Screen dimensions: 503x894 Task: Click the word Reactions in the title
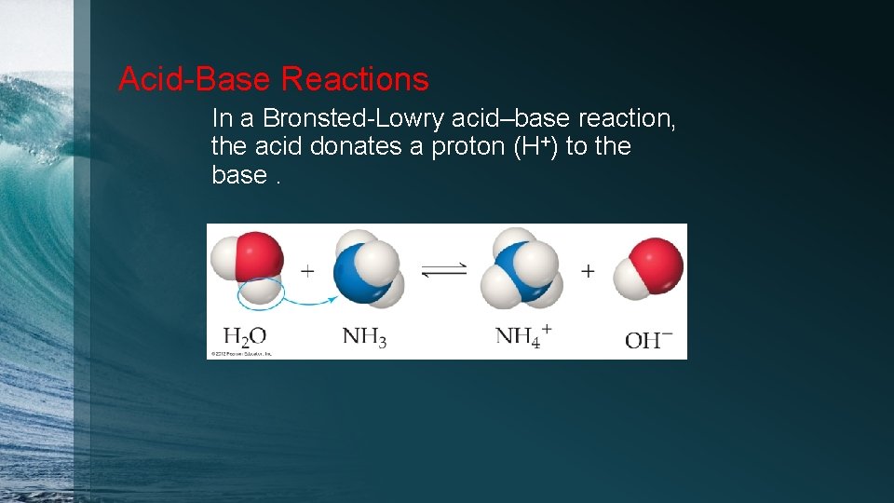click(355, 79)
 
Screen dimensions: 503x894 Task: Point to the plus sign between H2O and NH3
click(307, 271)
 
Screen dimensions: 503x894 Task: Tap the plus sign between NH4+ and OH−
click(588, 271)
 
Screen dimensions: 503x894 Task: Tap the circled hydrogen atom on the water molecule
click(260, 291)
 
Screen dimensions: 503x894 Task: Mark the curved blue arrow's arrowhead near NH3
click(333, 299)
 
